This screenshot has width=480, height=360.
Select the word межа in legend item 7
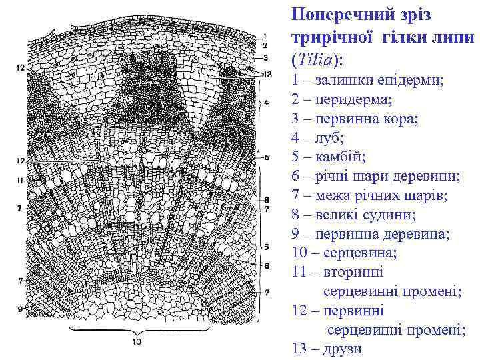(x=335, y=196)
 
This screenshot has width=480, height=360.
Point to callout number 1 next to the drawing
(x=265, y=35)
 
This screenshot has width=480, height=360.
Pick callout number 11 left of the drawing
(x=20, y=181)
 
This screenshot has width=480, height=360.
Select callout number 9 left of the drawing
(x=21, y=309)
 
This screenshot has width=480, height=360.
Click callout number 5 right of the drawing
(x=266, y=157)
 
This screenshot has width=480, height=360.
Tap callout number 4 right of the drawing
(x=266, y=103)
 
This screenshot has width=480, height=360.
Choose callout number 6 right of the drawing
(x=266, y=246)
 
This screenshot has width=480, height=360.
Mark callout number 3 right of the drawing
(x=265, y=58)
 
